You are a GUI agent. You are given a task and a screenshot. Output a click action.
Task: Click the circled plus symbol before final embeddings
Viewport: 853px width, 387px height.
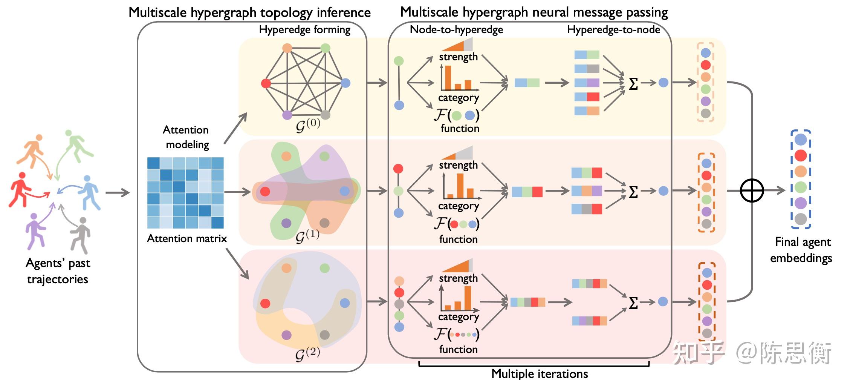click(752, 190)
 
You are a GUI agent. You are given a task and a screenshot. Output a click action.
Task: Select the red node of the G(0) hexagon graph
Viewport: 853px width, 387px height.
click(266, 83)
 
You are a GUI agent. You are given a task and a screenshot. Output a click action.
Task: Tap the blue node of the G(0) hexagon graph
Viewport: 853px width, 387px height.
click(345, 83)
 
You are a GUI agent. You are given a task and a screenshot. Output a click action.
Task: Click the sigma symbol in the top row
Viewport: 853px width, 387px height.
click(633, 84)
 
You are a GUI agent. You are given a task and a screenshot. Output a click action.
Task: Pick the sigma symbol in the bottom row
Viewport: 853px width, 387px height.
click(633, 303)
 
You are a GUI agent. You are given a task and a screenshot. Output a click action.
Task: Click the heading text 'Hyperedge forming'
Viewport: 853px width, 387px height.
click(304, 30)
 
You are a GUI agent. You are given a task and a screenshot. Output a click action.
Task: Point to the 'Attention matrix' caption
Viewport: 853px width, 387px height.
click(187, 238)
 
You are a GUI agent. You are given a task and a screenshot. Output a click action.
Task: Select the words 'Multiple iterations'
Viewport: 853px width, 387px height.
click(540, 374)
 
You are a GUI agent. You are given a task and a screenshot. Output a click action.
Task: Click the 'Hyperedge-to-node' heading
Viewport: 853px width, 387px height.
click(614, 30)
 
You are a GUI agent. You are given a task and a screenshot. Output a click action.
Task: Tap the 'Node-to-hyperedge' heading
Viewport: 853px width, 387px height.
click(456, 30)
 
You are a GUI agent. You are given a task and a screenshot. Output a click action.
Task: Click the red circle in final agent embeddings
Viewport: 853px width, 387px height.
click(801, 155)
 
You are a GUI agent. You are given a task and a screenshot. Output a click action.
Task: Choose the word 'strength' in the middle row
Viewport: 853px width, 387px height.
click(458, 165)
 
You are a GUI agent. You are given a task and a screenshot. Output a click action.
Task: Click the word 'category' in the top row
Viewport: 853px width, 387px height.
click(459, 98)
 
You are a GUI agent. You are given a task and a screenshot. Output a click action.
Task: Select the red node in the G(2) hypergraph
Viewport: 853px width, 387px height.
click(265, 303)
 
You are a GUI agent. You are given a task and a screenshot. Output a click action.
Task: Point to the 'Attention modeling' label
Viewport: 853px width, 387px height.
click(186, 137)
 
